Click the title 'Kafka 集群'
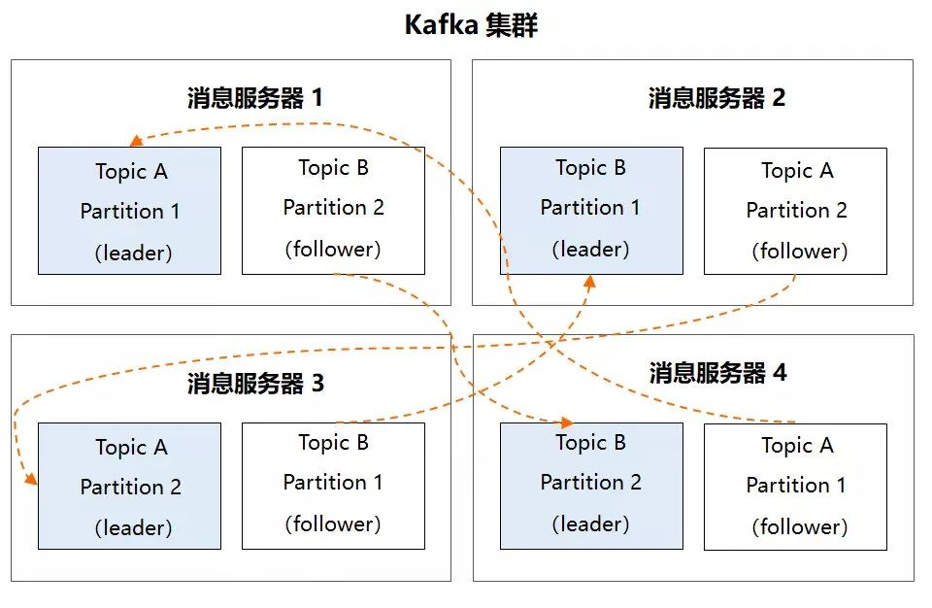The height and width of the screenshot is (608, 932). tap(471, 25)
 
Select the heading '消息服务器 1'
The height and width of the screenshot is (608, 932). tap(254, 98)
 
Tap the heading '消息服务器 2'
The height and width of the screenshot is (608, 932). tap(716, 98)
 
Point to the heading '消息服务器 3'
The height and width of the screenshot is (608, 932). tap(255, 384)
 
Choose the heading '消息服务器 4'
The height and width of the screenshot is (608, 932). tap(717, 373)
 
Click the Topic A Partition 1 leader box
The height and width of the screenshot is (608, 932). tap(129, 211)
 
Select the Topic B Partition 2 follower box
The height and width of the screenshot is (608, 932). tap(333, 211)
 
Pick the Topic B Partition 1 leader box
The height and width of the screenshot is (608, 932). tap(591, 211)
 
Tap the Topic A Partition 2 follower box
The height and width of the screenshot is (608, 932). tap(795, 211)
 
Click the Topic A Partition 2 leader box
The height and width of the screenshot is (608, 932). tap(129, 487)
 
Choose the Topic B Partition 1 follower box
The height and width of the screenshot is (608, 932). tap(333, 486)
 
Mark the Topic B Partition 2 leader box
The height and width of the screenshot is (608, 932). tap(591, 486)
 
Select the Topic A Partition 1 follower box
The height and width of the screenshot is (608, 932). tap(795, 486)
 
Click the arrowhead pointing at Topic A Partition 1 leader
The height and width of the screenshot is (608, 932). tap(136, 141)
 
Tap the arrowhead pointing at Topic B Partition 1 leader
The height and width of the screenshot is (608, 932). tap(589, 282)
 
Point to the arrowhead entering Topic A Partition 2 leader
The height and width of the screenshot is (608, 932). tap(31, 479)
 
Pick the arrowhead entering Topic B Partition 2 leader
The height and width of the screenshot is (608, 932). tap(567, 423)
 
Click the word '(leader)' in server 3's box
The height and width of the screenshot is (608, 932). tap(133, 528)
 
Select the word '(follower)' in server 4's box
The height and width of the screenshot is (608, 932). tap(799, 527)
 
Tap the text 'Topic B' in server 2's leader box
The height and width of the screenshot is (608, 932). tap(590, 168)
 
